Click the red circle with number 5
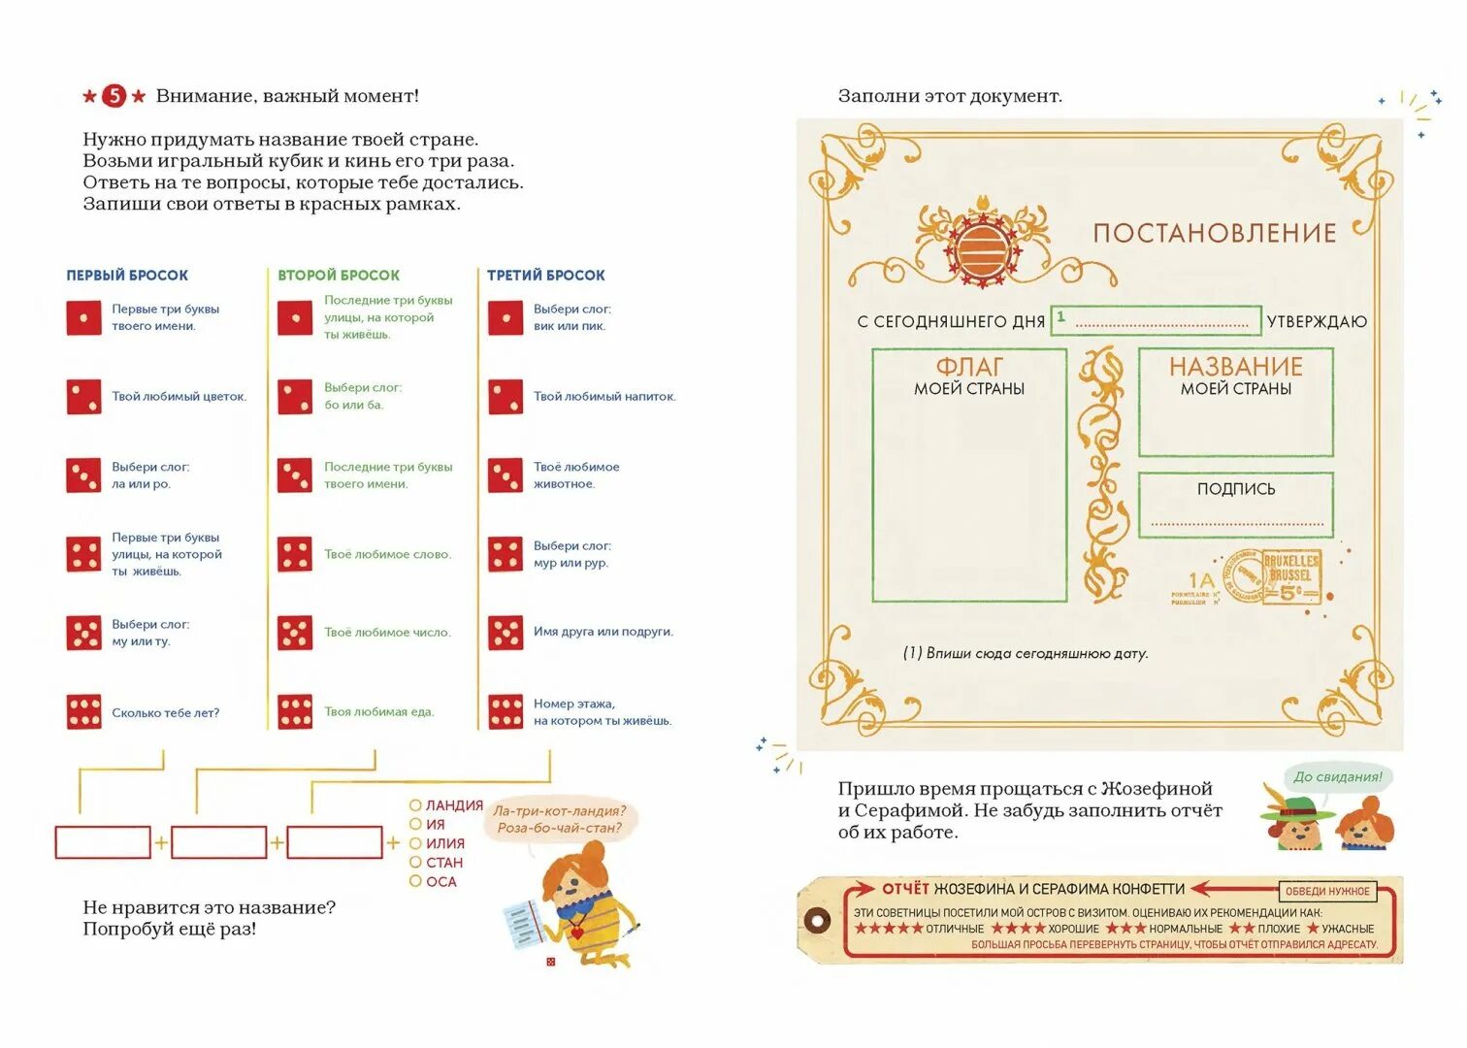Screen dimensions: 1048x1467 114,95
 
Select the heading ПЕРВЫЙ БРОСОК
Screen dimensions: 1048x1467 127,276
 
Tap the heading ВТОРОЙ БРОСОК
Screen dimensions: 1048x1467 339,276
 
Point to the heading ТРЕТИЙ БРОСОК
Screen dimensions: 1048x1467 546,276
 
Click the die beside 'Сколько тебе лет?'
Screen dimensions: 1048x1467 83,711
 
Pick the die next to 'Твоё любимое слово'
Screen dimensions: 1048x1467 295,554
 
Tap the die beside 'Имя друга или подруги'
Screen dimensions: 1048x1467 505,633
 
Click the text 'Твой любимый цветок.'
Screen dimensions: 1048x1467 179,396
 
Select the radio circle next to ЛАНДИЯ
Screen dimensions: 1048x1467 415,805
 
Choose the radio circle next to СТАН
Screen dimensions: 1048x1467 415,862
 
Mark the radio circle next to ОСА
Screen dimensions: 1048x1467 415,881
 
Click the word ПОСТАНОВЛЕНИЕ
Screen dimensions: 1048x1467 1215,233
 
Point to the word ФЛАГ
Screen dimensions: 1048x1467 969,367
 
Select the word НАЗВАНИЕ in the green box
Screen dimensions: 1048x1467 1235,367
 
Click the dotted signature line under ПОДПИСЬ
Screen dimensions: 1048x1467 1236,524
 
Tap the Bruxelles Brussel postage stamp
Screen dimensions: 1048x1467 1288,578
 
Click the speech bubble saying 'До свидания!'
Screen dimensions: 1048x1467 1338,776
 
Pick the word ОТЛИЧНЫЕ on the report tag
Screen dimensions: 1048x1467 955,929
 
